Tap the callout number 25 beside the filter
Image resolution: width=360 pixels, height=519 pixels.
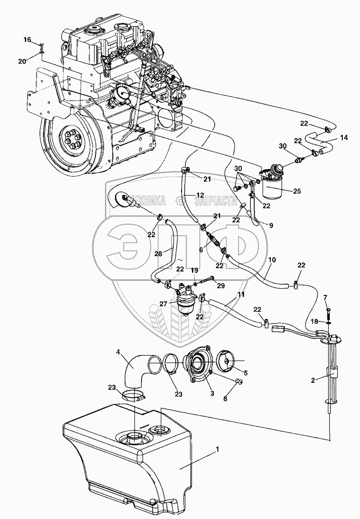point(296,191)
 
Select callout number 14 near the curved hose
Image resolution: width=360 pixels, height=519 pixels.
point(344,137)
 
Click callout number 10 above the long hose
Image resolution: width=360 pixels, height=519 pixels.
point(272,260)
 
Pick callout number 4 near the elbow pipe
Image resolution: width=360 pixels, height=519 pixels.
point(118,351)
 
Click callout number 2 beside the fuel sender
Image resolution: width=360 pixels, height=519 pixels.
point(313,381)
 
